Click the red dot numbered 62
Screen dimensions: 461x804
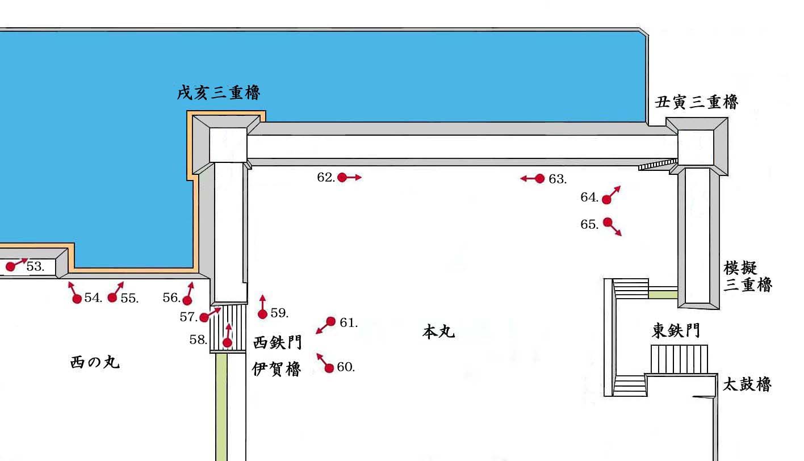tap(342, 177)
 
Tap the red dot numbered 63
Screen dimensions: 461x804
tap(539, 178)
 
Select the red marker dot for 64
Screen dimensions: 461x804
tap(606, 199)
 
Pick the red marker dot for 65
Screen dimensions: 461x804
tap(608, 222)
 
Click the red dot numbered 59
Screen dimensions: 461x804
tap(262, 314)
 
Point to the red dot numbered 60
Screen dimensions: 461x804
tap(329, 368)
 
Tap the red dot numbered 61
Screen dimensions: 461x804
tap(331, 321)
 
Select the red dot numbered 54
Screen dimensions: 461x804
tap(77, 299)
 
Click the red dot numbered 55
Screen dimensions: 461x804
tap(112, 297)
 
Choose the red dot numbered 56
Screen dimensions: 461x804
tap(187, 300)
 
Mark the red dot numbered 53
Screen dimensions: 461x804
tap(10, 266)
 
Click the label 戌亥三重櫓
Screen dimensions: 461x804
tap(218, 93)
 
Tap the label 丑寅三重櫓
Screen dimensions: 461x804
tap(696, 102)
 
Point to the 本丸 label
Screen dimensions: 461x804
tap(438, 331)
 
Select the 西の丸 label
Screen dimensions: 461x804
tap(95, 362)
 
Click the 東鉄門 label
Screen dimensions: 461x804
tap(676, 331)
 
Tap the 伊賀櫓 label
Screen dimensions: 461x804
tap(277, 369)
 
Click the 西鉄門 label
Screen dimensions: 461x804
tap(277, 342)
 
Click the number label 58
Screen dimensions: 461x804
tap(198, 340)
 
